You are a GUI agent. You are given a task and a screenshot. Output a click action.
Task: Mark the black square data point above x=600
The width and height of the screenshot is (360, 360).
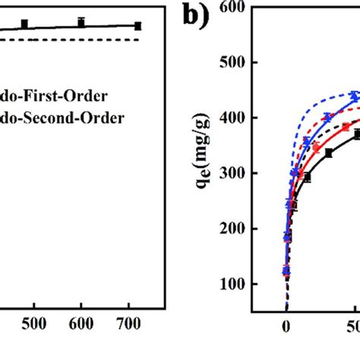(81, 23)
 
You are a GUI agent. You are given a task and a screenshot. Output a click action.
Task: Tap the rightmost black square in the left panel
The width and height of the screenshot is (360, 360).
(137, 26)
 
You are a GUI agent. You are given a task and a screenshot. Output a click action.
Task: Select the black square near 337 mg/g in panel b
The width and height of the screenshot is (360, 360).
(329, 153)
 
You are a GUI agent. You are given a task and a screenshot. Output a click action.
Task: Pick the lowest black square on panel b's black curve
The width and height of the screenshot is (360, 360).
(286, 271)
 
